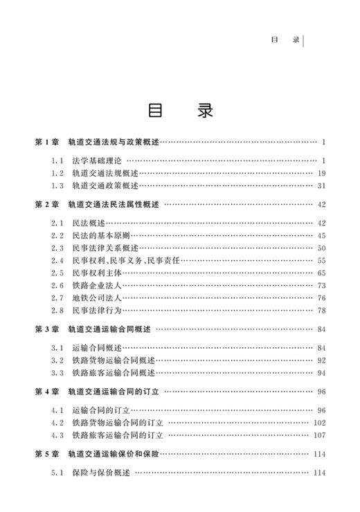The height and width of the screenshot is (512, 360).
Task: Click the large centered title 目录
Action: [x=180, y=111]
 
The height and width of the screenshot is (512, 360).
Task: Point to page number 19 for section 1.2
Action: [x=321, y=174]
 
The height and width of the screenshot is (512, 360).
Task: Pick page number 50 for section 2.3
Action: [x=321, y=248]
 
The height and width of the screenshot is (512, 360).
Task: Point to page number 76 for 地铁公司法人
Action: [x=321, y=298]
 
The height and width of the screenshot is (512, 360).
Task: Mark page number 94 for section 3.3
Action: [x=321, y=373]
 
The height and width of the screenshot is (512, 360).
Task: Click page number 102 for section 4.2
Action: [x=319, y=423]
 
